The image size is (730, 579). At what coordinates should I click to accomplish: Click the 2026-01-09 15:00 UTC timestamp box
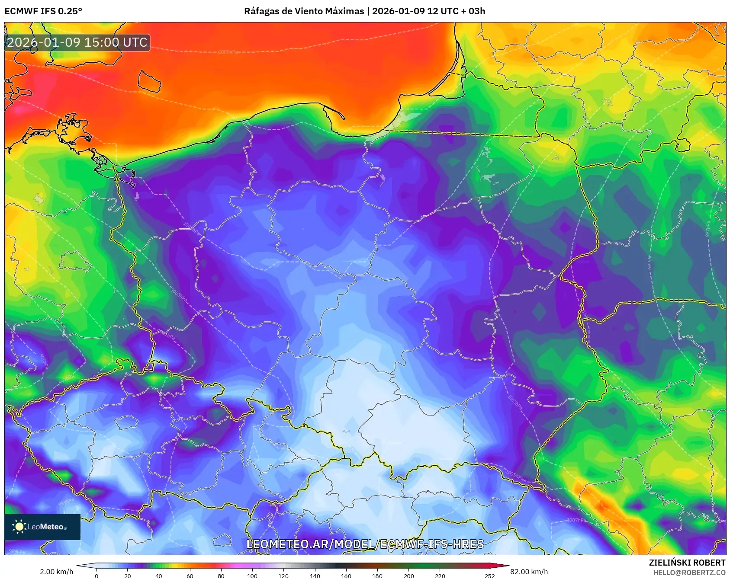click(x=77, y=42)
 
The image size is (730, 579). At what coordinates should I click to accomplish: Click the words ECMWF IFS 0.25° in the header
click(x=43, y=11)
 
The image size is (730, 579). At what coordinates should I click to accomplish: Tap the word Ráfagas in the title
click(x=261, y=11)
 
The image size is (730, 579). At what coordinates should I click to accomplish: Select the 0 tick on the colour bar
click(x=96, y=576)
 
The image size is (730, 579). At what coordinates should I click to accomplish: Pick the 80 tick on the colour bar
click(x=221, y=576)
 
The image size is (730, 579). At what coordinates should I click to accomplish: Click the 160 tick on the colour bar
click(x=346, y=576)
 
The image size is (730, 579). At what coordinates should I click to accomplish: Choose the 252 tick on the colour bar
click(x=489, y=576)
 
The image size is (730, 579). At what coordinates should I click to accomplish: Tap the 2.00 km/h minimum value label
click(x=57, y=572)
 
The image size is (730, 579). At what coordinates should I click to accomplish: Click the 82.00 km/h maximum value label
click(x=529, y=572)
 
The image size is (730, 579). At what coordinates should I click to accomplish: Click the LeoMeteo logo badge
click(x=42, y=527)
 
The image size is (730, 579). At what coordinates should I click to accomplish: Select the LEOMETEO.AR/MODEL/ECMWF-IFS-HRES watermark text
click(x=365, y=544)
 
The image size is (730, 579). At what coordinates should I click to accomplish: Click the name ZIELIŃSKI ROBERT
click(x=687, y=563)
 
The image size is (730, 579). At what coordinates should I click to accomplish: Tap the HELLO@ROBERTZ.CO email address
click(x=689, y=573)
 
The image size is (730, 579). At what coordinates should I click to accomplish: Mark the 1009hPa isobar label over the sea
click(x=228, y=52)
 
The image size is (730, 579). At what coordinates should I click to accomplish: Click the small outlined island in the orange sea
click(x=149, y=81)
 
